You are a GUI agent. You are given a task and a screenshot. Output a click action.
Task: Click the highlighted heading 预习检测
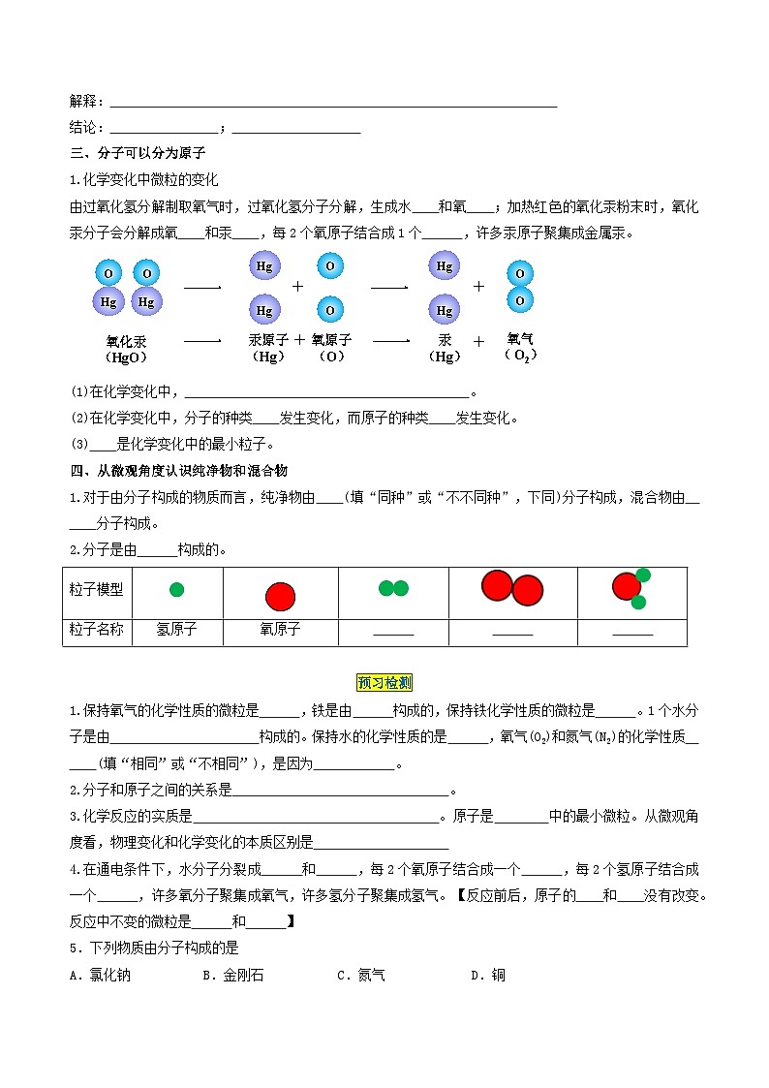click(x=384, y=683)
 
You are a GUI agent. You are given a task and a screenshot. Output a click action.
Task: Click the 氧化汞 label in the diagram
click(x=126, y=341)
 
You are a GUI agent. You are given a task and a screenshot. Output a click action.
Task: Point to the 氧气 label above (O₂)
click(x=520, y=339)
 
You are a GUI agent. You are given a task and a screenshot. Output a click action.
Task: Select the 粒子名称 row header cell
click(x=97, y=630)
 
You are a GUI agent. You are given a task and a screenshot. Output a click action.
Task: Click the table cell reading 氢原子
click(x=176, y=630)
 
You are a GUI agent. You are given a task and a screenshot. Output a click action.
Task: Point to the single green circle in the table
click(x=176, y=589)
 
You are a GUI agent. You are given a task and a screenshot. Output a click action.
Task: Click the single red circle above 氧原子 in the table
click(x=280, y=595)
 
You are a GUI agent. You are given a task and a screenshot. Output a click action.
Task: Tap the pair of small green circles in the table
click(x=393, y=588)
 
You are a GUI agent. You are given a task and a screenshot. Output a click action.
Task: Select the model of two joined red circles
click(x=512, y=588)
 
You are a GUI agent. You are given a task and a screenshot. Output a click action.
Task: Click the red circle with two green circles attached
click(x=631, y=587)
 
